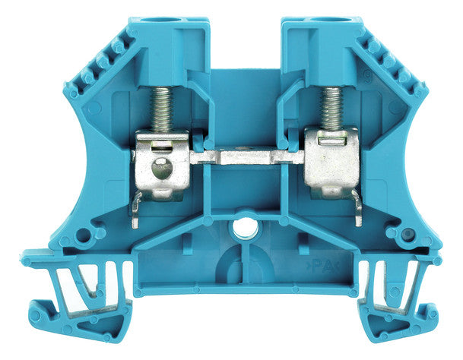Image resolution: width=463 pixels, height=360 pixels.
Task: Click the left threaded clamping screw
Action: click(x=161, y=109)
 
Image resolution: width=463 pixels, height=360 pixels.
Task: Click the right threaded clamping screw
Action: click(x=332, y=109)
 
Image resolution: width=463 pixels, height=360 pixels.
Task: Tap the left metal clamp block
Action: click(x=162, y=166)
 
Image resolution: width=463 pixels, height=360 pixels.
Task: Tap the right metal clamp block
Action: click(x=331, y=163)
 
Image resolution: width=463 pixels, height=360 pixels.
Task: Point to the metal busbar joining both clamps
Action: click(x=246, y=156)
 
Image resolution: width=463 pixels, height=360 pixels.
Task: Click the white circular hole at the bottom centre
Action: click(x=246, y=229)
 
